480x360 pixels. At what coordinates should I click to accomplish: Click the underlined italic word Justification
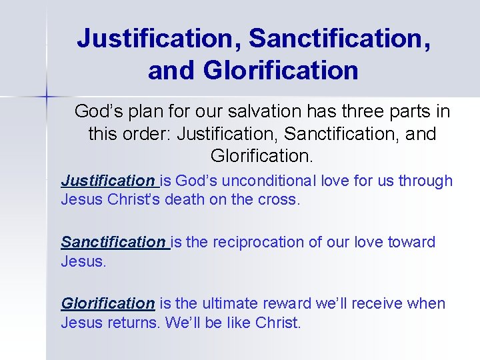point(107,181)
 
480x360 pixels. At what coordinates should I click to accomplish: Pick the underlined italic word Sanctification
point(113,242)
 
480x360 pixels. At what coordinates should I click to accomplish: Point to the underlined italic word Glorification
point(107,303)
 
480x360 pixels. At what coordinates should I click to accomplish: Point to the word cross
point(280,199)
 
